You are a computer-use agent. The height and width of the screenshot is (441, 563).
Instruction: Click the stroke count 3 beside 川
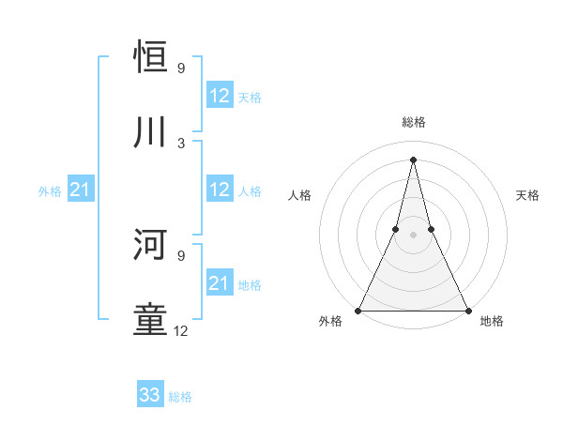pos(181,143)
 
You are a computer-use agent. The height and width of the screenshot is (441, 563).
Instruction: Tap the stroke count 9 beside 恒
pos(181,68)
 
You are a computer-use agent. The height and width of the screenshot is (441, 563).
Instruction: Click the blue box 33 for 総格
pos(150,395)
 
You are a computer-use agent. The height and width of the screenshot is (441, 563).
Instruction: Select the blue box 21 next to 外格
pos(81,190)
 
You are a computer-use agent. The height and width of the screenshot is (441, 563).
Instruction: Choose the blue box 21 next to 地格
pos(220,283)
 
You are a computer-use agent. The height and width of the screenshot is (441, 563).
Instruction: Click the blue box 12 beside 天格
pos(220,97)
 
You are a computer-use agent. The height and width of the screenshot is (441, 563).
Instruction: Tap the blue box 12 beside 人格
pos(220,190)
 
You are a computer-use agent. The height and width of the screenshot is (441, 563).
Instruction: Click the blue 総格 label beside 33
pos(180,397)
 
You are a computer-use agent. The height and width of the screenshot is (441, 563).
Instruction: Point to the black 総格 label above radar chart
pos(413,122)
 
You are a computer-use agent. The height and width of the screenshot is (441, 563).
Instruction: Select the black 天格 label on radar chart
pos(527,195)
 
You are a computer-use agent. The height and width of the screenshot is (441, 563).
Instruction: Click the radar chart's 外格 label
pos(330,322)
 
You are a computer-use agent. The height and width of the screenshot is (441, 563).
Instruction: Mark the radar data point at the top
pos(413,159)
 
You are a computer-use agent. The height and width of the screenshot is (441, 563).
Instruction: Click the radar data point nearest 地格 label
pos(467,311)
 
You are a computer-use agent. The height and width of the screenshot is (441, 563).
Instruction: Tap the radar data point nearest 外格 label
pos(358,311)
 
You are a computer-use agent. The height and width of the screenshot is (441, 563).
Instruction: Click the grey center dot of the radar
pos(413,235)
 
